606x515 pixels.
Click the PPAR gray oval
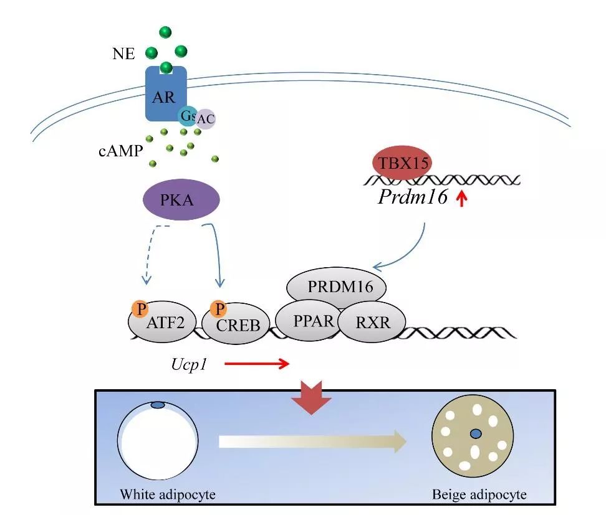coord(307,321)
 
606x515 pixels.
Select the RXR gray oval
coord(372,322)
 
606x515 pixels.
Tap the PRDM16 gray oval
coord(337,288)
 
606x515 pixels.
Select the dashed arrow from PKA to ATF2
coord(153,255)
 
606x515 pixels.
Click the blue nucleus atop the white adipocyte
coord(158,405)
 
